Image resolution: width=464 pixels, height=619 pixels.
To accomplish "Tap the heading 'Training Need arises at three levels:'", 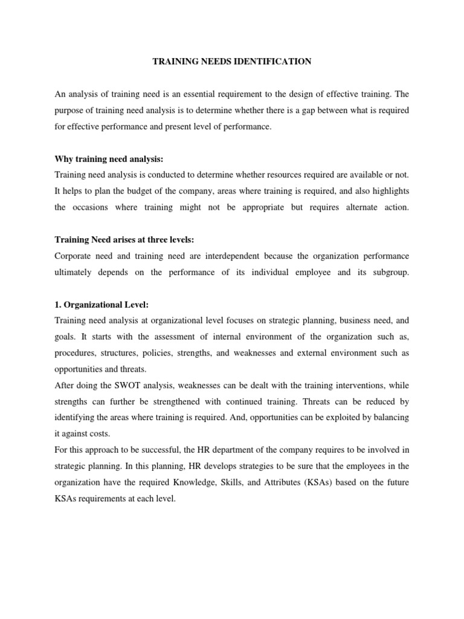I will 123,239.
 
